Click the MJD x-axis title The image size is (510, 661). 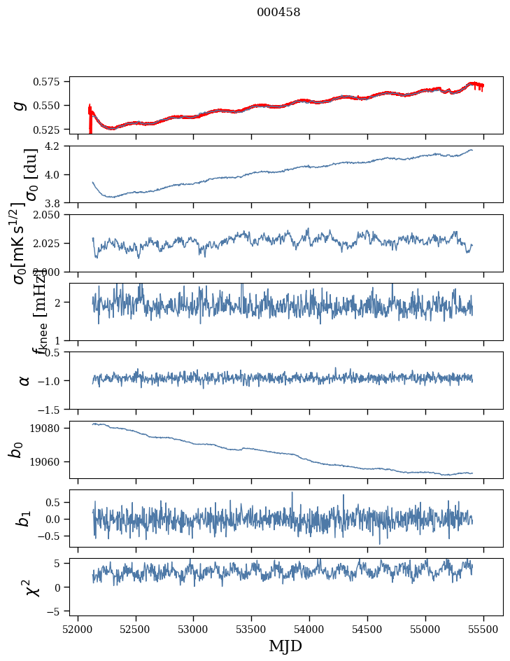tap(285, 646)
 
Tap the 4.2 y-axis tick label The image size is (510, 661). tap(57, 146)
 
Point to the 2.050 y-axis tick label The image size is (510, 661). tap(51, 215)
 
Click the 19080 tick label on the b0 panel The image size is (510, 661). tap(51, 429)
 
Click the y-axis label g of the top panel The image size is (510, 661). tap(20, 105)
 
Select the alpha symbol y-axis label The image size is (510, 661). tap(24, 380)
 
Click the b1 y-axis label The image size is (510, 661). tap(24, 519)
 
